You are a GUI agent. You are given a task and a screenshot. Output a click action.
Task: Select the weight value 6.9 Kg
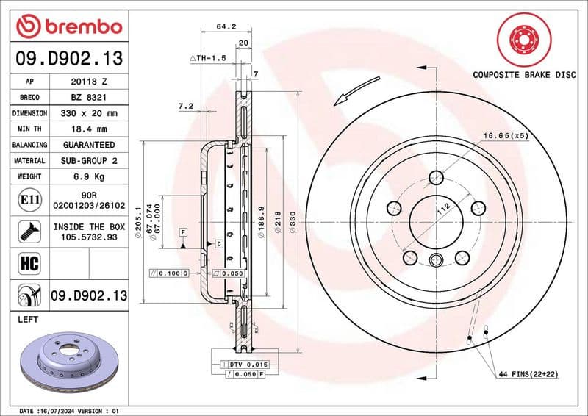point(88,176)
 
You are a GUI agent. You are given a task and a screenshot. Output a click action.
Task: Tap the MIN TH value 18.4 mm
point(88,129)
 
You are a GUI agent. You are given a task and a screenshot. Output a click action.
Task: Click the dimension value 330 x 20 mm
point(88,114)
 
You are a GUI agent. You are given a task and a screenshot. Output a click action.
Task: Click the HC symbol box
point(27,262)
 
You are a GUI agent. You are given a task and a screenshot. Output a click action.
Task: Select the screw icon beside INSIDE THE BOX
point(27,232)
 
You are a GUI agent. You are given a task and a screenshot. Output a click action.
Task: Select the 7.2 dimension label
point(185,107)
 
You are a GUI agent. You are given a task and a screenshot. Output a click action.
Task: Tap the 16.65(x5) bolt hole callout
point(505,136)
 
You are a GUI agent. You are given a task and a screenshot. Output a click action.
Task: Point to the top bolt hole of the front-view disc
point(436,177)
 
